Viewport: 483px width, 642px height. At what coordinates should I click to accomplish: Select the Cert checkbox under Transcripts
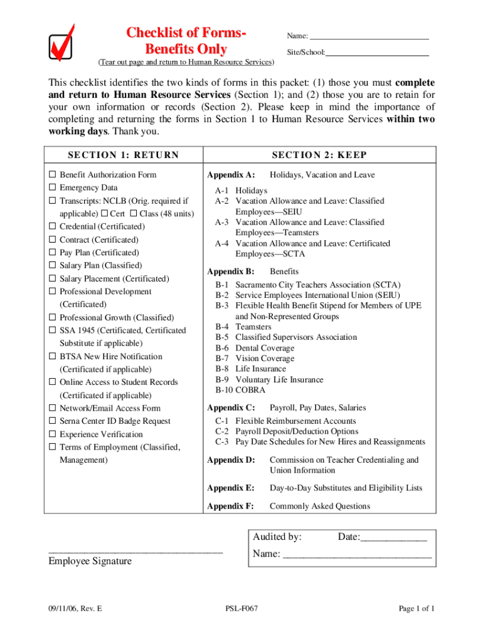(104, 214)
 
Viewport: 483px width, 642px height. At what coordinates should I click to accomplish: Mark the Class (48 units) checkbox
(133, 214)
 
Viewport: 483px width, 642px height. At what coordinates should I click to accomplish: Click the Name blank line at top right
(369, 37)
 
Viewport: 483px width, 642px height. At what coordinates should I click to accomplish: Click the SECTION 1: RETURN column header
(123, 155)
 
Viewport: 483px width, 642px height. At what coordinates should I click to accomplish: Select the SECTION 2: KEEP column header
(319, 155)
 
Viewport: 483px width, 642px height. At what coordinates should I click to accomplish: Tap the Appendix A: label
(231, 176)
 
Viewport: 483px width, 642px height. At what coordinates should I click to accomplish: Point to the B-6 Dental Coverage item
(255, 348)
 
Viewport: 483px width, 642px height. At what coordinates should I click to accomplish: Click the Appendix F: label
(231, 507)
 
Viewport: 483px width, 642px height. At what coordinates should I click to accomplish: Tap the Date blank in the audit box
(394, 538)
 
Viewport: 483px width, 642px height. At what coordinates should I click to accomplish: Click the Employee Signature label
(90, 561)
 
